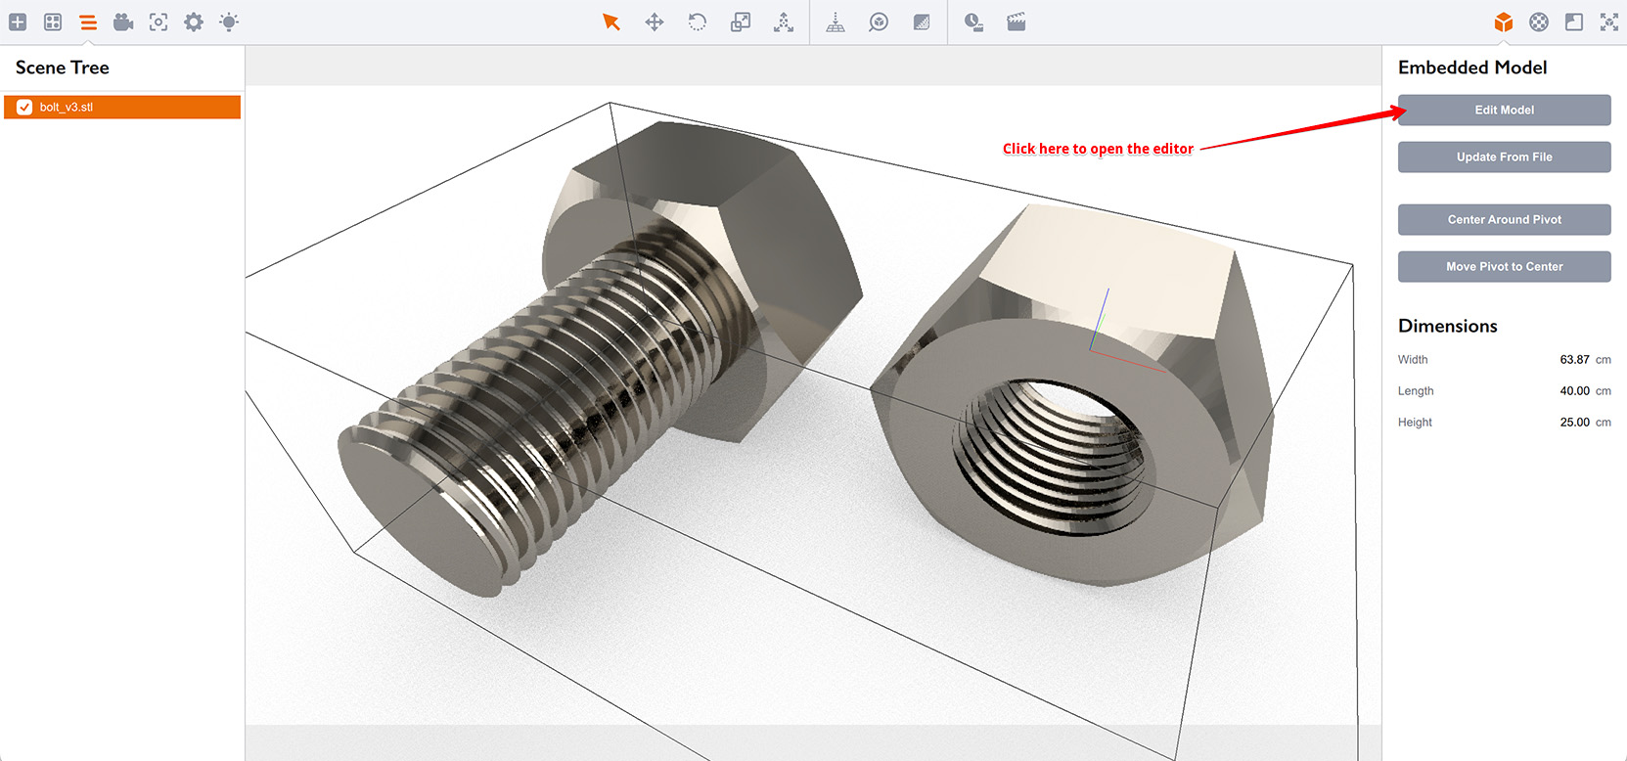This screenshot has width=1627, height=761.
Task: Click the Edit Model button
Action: pyautogui.click(x=1504, y=110)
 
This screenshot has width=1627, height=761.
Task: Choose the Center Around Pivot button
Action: pyautogui.click(x=1504, y=219)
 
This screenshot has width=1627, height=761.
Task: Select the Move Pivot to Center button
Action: pyautogui.click(x=1504, y=266)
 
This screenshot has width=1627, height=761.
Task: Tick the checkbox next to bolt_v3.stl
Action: pyautogui.click(x=24, y=108)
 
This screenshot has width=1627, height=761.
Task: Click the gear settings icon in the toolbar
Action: pyautogui.click(x=194, y=22)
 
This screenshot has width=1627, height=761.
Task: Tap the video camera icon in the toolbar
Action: pyautogui.click(x=123, y=22)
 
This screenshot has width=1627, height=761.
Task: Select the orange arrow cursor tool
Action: pyautogui.click(x=611, y=22)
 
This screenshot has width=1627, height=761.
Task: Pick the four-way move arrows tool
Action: pyautogui.click(x=655, y=22)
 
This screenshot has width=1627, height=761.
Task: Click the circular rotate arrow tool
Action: pyautogui.click(x=698, y=22)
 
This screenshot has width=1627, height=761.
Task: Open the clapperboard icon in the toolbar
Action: pyautogui.click(x=1017, y=22)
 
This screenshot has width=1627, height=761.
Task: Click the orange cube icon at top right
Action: pyautogui.click(x=1504, y=22)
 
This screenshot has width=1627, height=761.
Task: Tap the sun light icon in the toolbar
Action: pyautogui.click(x=229, y=22)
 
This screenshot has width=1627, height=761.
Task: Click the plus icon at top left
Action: pyautogui.click(x=18, y=22)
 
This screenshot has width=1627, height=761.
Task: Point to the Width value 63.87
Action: pyautogui.click(x=1574, y=360)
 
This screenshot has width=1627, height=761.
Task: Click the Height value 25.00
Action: pyautogui.click(x=1574, y=423)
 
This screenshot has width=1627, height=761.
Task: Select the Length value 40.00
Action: pyautogui.click(x=1574, y=391)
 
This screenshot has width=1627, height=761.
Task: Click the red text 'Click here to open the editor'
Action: pyautogui.click(x=1098, y=149)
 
